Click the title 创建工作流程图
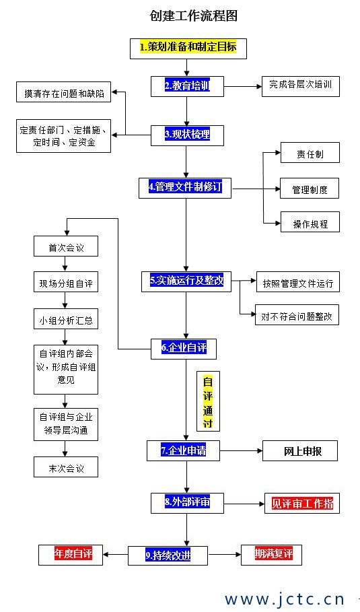[x=194, y=15]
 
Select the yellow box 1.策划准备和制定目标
[x=188, y=48]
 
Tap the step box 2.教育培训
[x=186, y=86]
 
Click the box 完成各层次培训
[x=300, y=86]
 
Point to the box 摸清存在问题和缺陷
[x=63, y=93]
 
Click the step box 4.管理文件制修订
[x=184, y=187]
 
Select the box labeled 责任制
[x=310, y=153]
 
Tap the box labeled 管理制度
[x=310, y=189]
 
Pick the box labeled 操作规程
[x=310, y=223]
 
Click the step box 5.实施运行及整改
[x=186, y=281]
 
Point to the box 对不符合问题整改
[x=297, y=315]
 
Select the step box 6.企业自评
[x=184, y=347]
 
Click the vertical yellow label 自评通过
[x=207, y=401]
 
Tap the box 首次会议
[x=66, y=247]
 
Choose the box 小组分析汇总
[x=66, y=320]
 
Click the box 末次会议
[x=66, y=467]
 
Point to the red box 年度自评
[x=73, y=554]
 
